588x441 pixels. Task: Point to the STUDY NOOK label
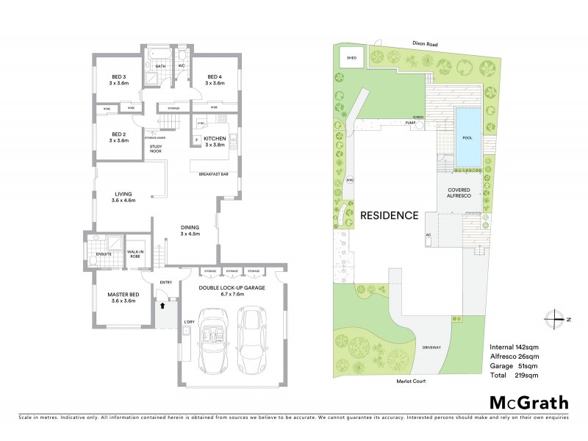coord(156,150)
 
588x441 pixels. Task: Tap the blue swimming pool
coord(466,138)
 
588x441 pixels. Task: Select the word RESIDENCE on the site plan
coord(389,216)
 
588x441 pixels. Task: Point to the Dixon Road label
coord(424,45)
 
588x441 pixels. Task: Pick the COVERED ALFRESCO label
coord(464,193)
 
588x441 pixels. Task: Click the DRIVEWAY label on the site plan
coord(431,347)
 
